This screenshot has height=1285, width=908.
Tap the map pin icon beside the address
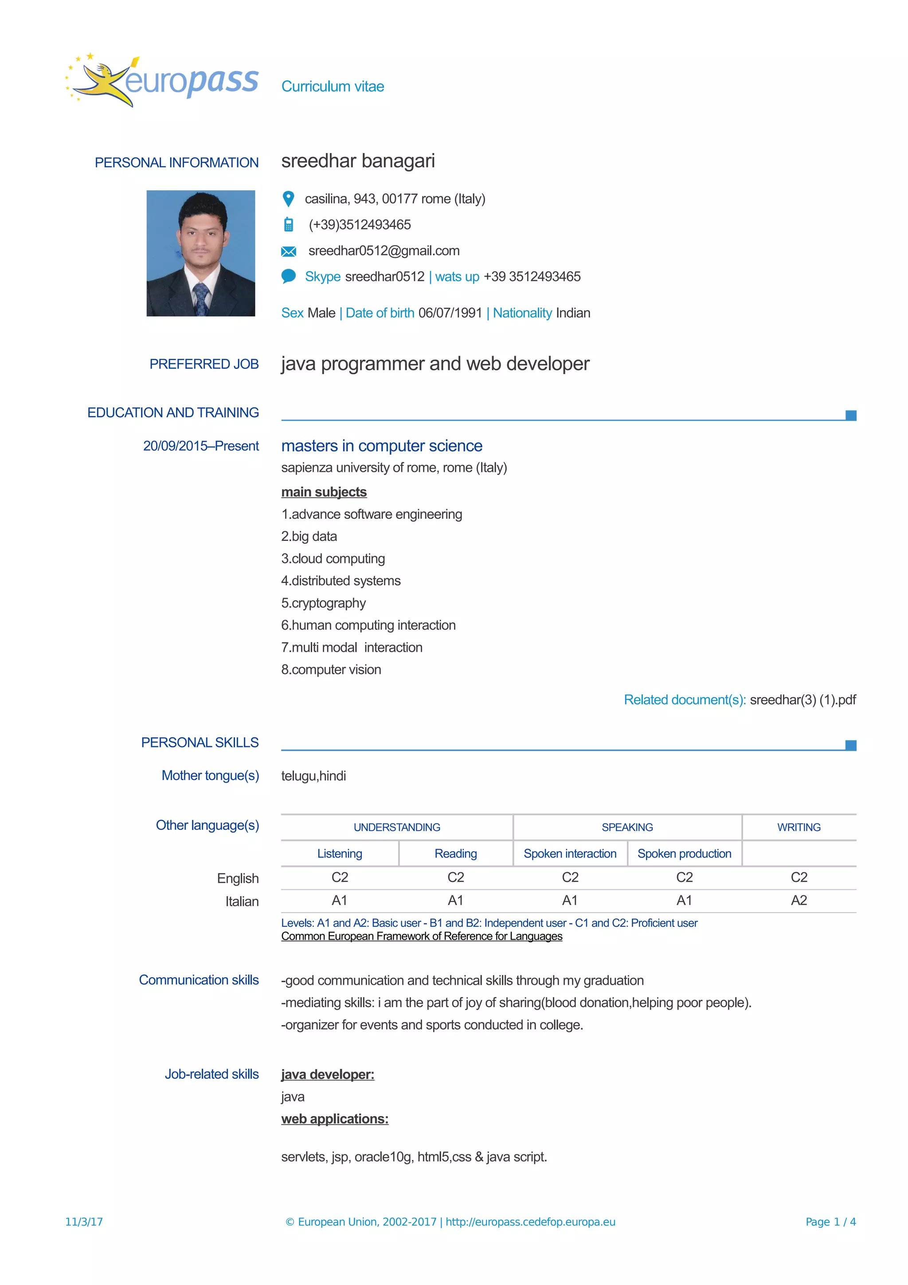click(288, 199)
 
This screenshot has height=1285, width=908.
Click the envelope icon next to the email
click(288, 251)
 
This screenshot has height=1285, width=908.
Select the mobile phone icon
click(288, 224)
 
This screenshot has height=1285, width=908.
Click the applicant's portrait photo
click(200, 253)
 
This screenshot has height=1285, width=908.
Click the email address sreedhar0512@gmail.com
click(384, 251)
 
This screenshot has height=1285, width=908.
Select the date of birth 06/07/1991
click(450, 313)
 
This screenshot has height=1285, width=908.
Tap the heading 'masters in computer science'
click(382, 446)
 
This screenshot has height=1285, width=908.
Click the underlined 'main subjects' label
click(324, 492)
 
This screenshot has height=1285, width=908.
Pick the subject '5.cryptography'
click(323, 603)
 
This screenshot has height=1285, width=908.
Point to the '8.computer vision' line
click(331, 670)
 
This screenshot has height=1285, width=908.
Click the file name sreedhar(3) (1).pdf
click(802, 700)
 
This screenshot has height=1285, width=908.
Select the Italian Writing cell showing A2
click(798, 901)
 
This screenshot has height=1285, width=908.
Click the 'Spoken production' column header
click(684, 854)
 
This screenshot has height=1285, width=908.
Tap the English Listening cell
click(340, 877)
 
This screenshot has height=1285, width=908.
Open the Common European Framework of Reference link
click(421, 936)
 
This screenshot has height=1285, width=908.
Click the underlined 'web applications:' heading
click(335, 1119)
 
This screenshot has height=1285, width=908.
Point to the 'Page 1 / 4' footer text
click(830, 1222)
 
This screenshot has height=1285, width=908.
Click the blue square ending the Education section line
click(850, 415)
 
